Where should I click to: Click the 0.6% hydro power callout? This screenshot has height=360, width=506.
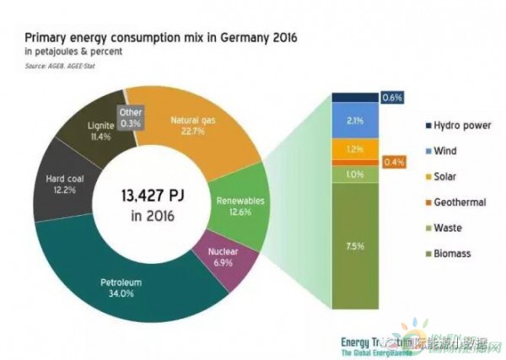[x=393, y=98]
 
